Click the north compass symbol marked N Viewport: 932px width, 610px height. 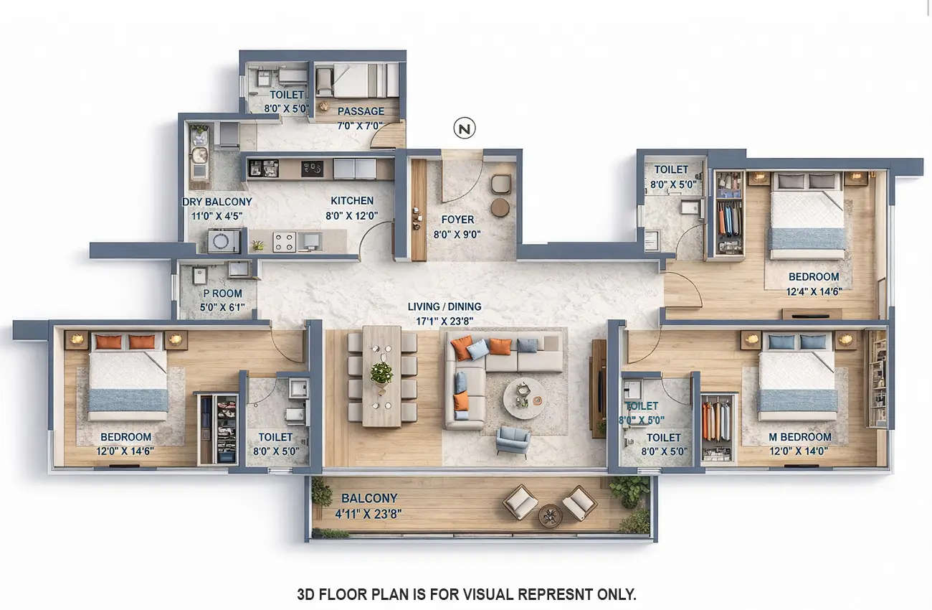click(x=465, y=128)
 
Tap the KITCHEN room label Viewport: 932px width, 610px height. click(x=352, y=201)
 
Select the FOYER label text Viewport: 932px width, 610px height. click(x=457, y=220)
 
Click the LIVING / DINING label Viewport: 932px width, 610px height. click(x=444, y=307)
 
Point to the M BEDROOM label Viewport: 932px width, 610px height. click(x=800, y=437)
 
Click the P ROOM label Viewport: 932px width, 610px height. click(x=222, y=294)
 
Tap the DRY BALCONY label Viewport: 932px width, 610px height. click(x=217, y=202)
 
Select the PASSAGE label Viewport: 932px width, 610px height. click(x=361, y=111)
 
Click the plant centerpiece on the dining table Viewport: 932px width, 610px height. click(x=381, y=372)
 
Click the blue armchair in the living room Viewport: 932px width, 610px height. click(x=513, y=440)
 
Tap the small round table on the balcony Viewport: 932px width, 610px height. click(x=550, y=515)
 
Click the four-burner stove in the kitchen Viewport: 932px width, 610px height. click(x=284, y=242)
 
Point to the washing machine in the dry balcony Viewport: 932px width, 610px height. click(x=224, y=241)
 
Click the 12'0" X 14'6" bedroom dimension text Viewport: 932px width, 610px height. click(x=125, y=452)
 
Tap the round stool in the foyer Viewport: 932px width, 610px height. click(x=500, y=207)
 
